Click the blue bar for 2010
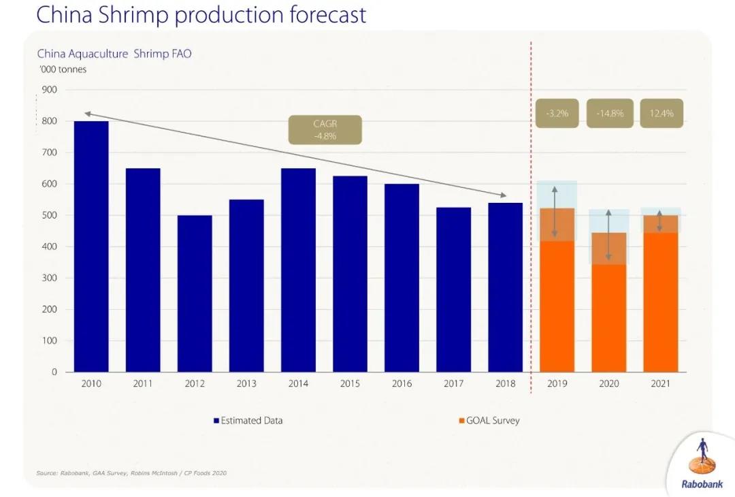91,246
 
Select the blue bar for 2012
195,293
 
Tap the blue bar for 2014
298,270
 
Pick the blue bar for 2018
505,287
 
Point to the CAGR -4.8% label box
325,129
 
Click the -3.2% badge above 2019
556,113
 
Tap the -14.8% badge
610,113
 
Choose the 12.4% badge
661,113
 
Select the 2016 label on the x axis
402,384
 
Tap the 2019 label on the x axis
557,384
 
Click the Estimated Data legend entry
248,421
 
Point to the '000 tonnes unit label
62,69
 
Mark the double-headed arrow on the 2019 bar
555,212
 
